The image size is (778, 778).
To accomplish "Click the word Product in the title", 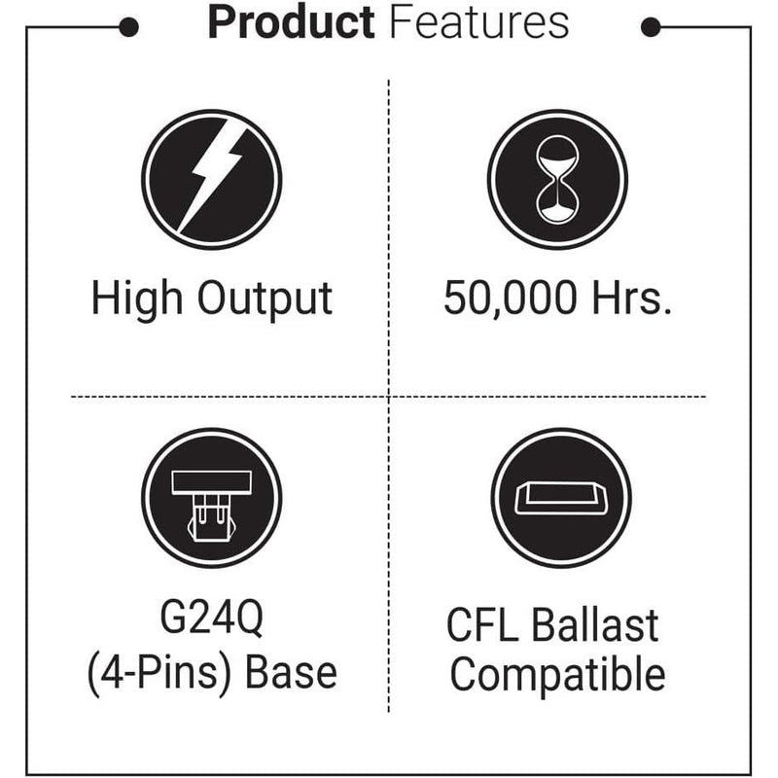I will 290,22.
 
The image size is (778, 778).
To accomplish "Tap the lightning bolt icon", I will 211,179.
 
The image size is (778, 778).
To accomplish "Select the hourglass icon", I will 557,179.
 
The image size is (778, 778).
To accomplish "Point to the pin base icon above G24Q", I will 211,499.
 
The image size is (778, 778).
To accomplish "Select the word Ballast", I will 595,625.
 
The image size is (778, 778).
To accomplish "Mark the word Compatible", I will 558,674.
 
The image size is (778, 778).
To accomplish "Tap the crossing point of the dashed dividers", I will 389,397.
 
